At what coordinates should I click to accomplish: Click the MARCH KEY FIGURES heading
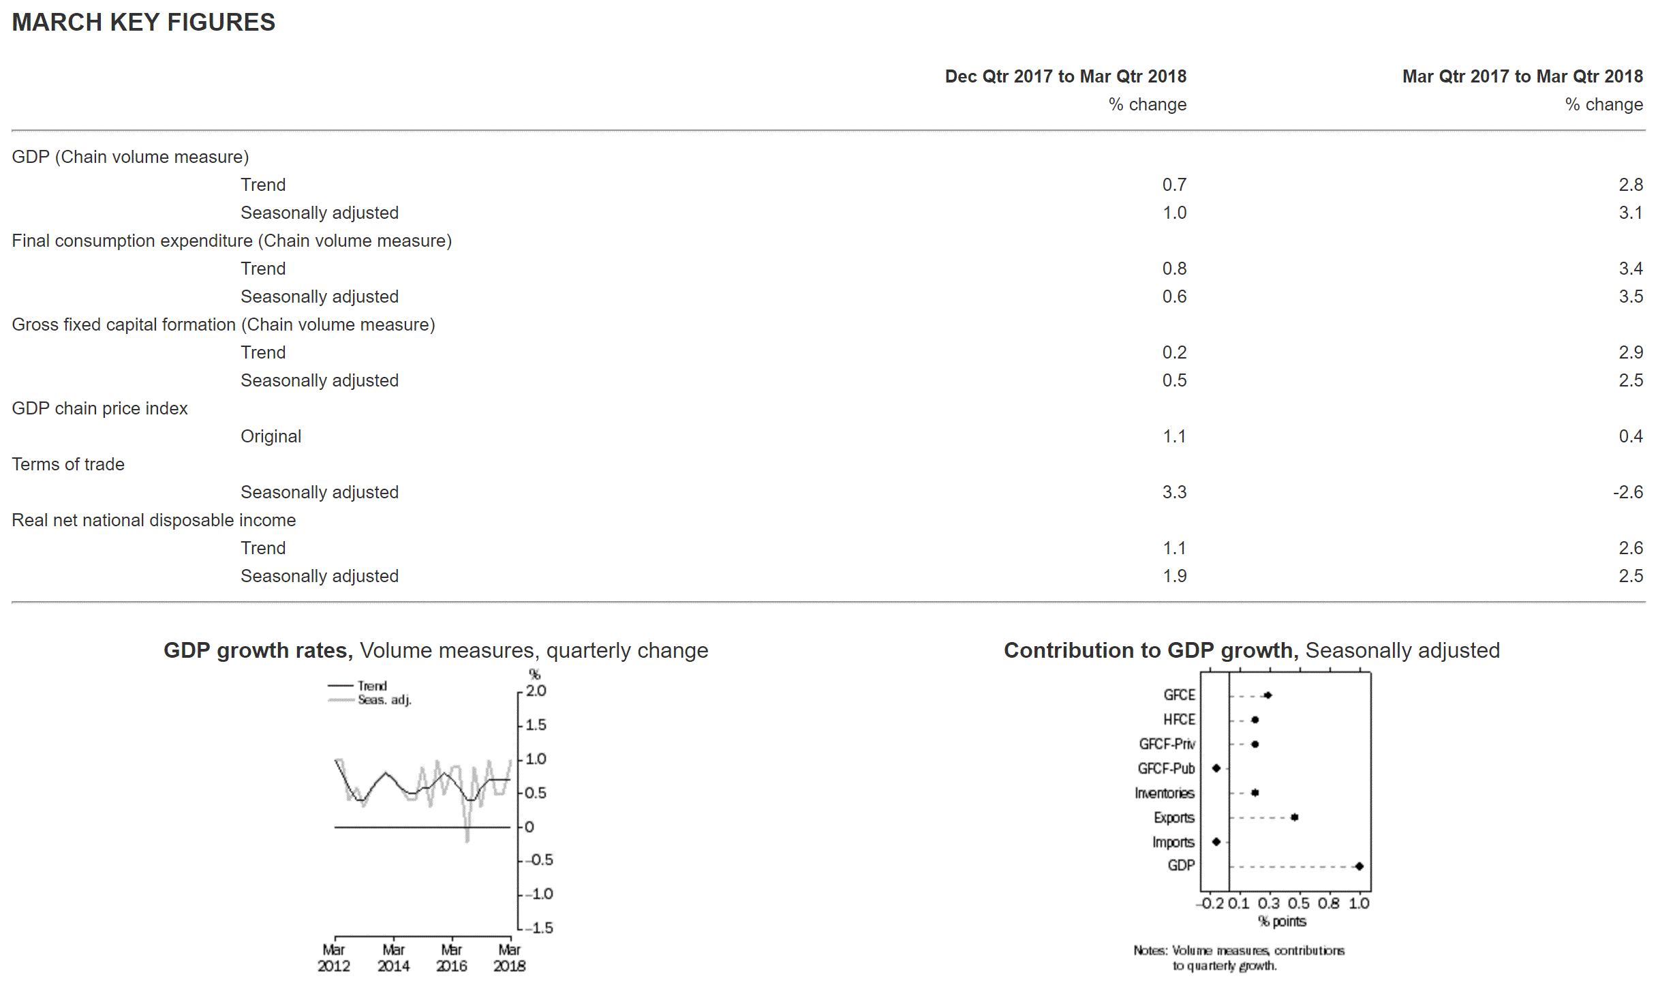143,22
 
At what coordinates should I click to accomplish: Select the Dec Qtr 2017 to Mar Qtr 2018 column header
1065,76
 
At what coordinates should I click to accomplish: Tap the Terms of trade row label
68,464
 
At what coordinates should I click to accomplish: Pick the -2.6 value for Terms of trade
1627,492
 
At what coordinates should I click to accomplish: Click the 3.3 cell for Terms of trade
1174,492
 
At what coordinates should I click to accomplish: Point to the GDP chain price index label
99,408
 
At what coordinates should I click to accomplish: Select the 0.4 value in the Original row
1630,436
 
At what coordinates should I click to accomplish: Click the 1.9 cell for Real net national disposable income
1174,576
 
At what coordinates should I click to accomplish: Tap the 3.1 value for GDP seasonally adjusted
1630,213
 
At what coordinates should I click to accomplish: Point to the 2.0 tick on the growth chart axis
536,690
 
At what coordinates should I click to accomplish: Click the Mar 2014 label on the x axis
393,958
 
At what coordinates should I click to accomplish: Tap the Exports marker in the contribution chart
1294,817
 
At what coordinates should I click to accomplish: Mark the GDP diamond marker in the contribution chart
1359,866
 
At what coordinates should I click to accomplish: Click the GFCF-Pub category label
1166,768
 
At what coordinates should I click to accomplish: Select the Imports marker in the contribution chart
1216,842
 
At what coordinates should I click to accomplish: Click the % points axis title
1282,922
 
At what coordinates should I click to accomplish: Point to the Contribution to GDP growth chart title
1251,650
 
